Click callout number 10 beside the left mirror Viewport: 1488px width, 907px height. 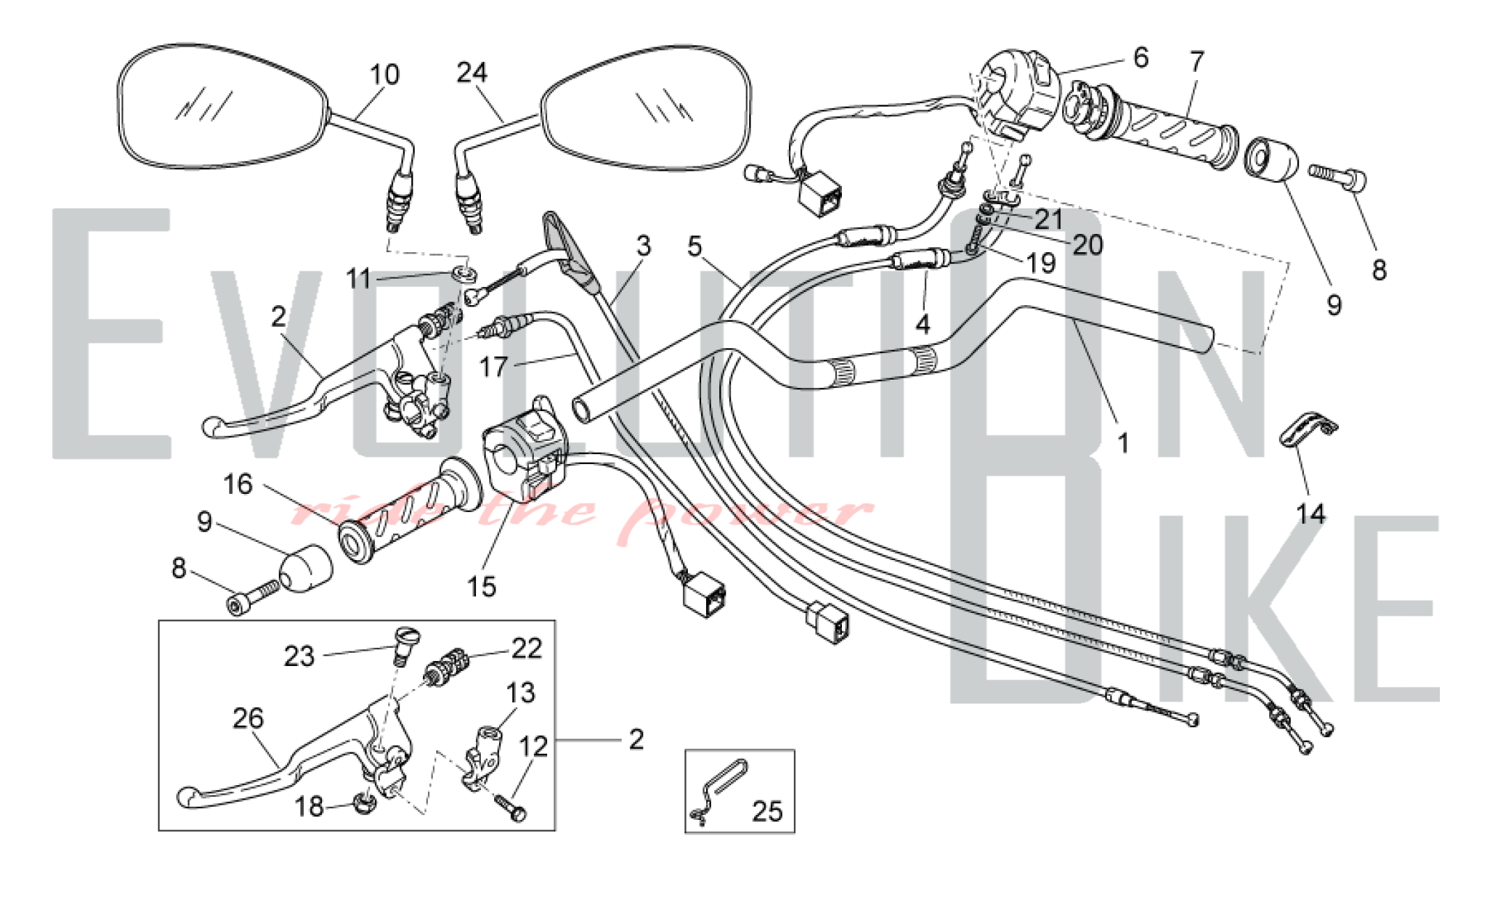point(384,75)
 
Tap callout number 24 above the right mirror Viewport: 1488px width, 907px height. point(472,72)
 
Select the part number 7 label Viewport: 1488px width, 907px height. point(1197,62)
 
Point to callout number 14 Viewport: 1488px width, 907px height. point(1310,514)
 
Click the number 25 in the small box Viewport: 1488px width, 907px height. point(767,811)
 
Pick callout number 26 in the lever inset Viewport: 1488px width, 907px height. point(248,718)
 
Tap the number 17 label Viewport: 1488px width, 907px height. point(493,366)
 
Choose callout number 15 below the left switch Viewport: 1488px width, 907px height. point(482,587)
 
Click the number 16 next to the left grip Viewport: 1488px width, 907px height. point(238,484)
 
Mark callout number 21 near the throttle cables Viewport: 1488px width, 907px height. point(1049,219)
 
